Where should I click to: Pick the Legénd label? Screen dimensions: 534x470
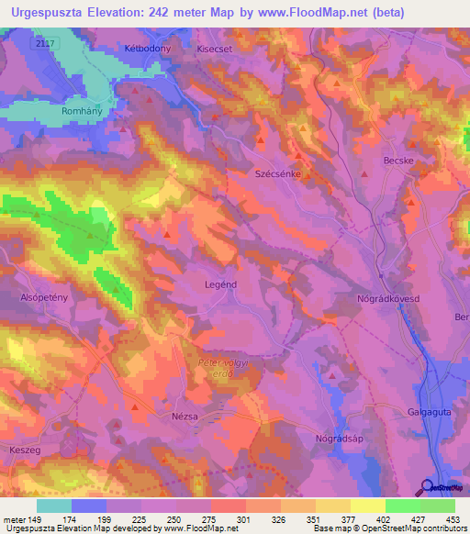(220, 284)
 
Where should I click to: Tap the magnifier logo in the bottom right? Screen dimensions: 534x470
(429, 486)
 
